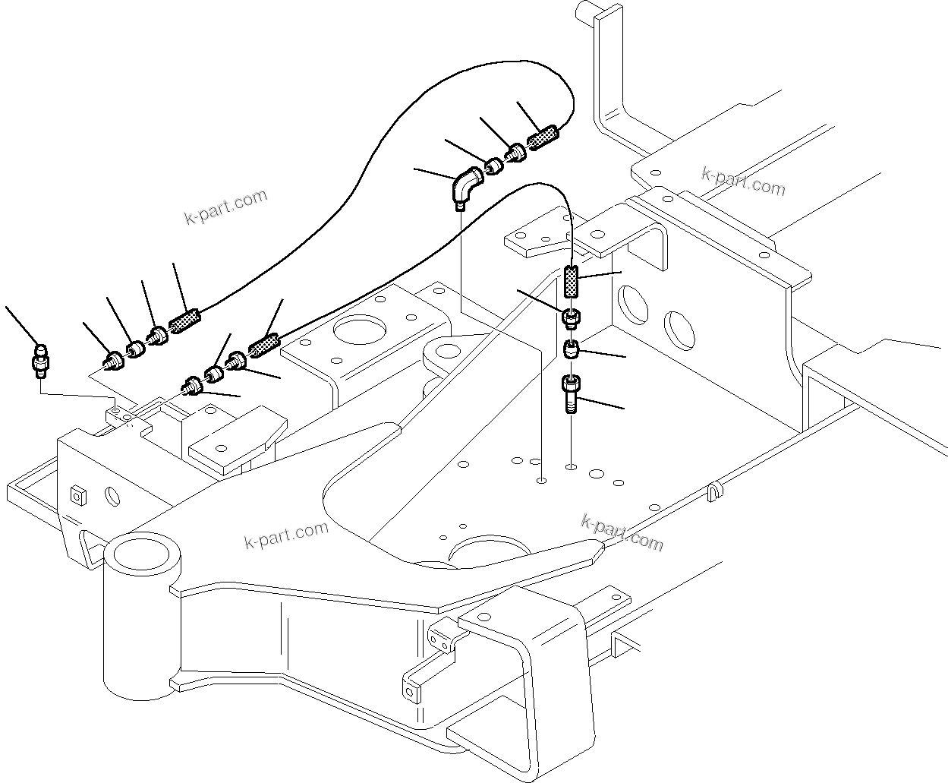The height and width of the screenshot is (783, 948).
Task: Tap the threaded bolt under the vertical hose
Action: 572,394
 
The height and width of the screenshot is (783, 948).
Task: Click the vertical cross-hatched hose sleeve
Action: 572,283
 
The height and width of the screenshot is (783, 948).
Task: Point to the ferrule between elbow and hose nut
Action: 494,164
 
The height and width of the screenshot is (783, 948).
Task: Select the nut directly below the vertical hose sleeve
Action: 572,317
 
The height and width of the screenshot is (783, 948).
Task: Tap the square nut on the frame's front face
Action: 77,495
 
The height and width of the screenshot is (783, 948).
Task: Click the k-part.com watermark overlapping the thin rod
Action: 621,532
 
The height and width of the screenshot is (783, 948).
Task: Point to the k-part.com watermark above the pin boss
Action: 286,535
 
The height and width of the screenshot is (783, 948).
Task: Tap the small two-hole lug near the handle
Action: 439,638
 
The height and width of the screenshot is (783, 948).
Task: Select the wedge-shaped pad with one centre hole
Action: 233,443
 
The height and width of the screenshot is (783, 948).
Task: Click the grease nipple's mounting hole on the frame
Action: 115,410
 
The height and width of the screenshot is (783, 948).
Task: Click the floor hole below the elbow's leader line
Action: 540,481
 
